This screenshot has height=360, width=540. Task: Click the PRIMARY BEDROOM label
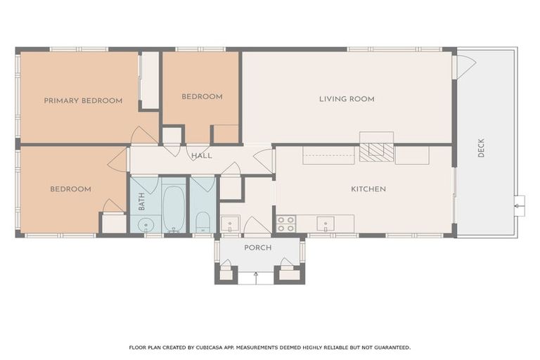pyautogui.click(x=83, y=101)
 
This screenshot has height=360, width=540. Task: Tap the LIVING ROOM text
pyautogui.click(x=347, y=99)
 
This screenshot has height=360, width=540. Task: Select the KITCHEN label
pyautogui.click(x=368, y=189)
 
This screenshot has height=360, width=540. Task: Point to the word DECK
pyautogui.click(x=481, y=148)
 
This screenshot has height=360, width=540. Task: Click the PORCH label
pyautogui.click(x=257, y=248)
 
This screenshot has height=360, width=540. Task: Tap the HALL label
pyautogui.click(x=202, y=155)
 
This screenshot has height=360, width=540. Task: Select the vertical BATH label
pyautogui.click(x=141, y=202)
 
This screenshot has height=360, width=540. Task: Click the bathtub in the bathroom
pyautogui.click(x=174, y=205)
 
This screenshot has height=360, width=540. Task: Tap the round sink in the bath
pyautogui.click(x=146, y=225)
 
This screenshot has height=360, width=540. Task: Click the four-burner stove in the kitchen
pyautogui.click(x=285, y=224)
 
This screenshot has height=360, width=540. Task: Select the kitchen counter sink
pyautogui.click(x=325, y=224)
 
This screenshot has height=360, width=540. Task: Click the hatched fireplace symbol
pyautogui.click(x=376, y=153)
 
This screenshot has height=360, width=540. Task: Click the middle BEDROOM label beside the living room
pyautogui.click(x=202, y=96)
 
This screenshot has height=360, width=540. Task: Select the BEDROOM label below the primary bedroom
pyautogui.click(x=70, y=189)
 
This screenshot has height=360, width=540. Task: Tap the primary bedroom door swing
pyautogui.click(x=143, y=135)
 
